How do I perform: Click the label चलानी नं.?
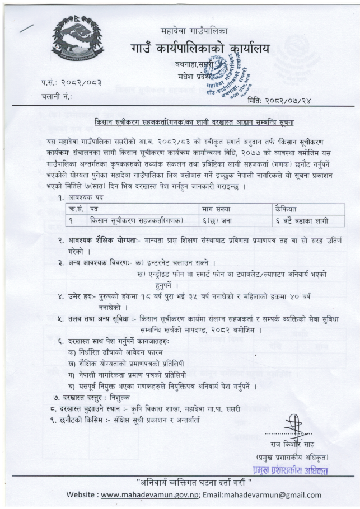coord(58,97)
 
